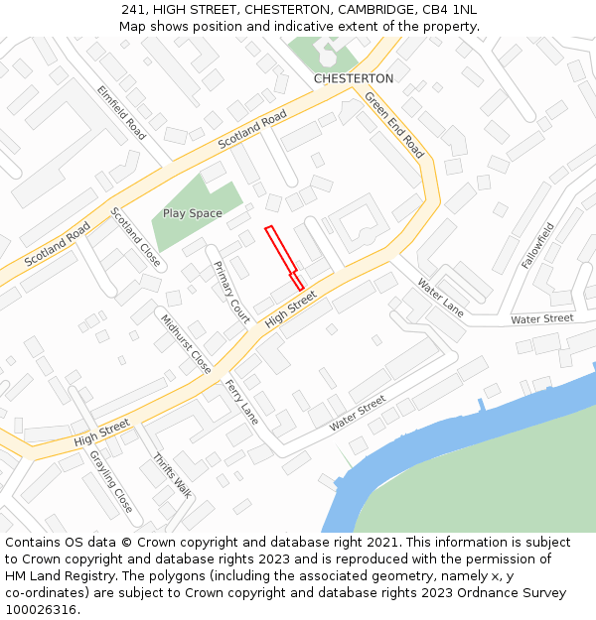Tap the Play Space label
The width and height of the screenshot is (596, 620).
[193, 213]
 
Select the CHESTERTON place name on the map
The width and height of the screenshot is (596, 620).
[354, 78]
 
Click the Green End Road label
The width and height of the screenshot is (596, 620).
[394, 125]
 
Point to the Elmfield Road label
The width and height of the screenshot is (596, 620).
[121, 111]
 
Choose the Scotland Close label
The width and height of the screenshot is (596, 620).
[136, 237]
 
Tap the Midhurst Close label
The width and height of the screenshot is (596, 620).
[186, 343]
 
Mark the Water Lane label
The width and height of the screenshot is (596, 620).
[440, 297]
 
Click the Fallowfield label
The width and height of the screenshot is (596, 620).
[537, 245]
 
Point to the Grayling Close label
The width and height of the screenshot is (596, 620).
[110, 481]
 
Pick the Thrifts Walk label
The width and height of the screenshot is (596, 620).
[172, 475]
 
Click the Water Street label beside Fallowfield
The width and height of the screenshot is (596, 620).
[542, 318]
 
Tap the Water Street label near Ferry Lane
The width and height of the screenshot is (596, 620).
[358, 412]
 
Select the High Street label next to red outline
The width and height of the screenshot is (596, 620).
[291, 309]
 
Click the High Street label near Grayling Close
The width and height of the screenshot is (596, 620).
[101, 432]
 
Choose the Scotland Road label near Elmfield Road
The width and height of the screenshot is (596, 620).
[252, 130]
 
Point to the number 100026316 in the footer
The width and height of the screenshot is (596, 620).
[41, 610]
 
